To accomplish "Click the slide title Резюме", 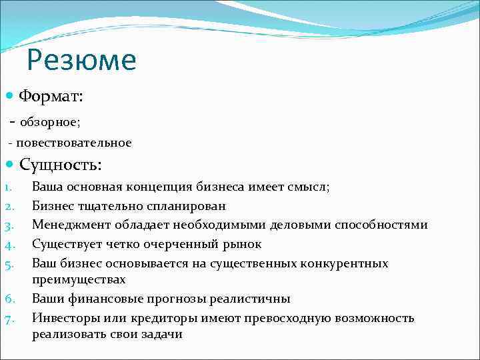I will [81, 61].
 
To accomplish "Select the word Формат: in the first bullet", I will [51, 97].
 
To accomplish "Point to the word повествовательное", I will [74, 143].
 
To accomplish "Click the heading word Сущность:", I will [61, 165].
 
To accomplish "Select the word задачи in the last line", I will [161, 335].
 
